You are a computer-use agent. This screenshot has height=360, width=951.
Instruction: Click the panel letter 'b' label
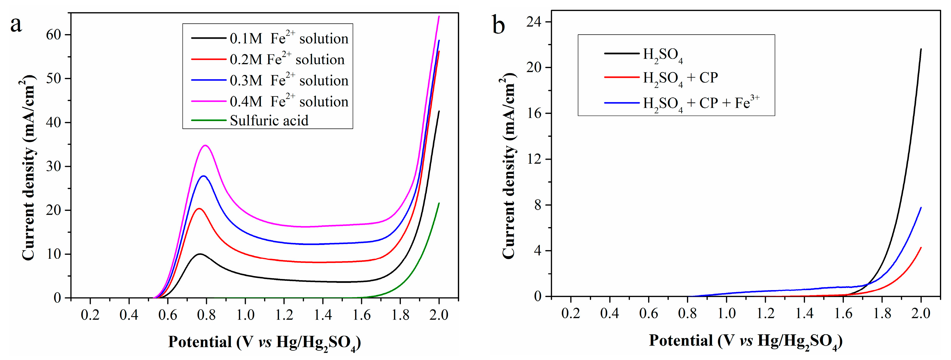[x=498, y=25]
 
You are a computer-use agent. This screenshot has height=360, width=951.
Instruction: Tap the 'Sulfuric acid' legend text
[x=269, y=120]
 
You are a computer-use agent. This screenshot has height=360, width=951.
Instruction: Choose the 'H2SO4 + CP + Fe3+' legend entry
[x=701, y=103]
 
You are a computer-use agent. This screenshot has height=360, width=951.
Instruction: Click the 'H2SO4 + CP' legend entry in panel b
[x=680, y=78]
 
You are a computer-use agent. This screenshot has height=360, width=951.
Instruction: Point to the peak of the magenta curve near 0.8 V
[x=205, y=145]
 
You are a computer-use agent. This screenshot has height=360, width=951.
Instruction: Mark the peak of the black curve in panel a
[x=200, y=254]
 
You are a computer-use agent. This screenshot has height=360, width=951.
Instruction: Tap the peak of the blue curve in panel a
[x=203, y=176]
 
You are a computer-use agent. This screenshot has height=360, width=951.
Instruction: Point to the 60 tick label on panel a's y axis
[x=53, y=35]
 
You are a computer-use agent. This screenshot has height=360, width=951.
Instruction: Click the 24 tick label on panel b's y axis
[x=533, y=22]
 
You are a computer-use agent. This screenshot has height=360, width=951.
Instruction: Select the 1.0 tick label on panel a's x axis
[x=245, y=315]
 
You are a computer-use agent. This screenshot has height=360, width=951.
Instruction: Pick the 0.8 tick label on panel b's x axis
[x=687, y=313]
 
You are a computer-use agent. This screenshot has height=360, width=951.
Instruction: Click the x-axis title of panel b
[x=746, y=341]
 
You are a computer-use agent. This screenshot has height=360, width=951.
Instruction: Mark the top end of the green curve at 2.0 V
[x=439, y=203]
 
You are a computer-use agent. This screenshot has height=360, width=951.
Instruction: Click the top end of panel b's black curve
[x=921, y=49]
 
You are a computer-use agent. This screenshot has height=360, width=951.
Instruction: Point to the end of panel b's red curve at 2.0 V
[x=921, y=248]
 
